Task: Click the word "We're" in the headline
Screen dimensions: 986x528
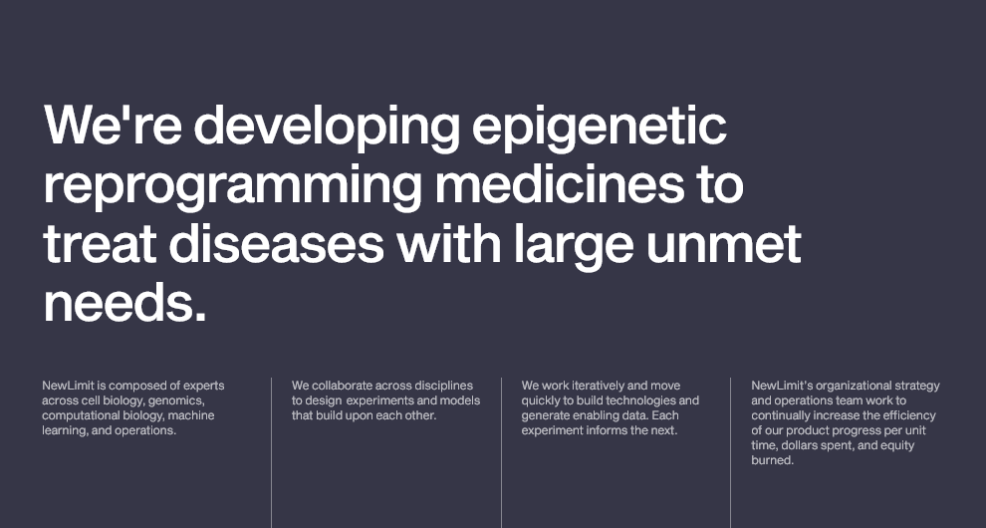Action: [x=113, y=125]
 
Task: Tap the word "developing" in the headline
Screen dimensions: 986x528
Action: [x=327, y=129]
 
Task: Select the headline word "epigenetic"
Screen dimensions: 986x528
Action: [x=600, y=129]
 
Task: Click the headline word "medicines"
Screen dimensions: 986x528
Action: [x=559, y=183]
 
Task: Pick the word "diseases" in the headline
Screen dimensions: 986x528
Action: [x=276, y=243]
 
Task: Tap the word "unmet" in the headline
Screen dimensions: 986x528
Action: [x=723, y=245]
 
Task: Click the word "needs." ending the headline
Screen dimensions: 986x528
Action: [x=124, y=302]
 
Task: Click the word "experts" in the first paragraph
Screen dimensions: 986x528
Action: [x=204, y=386]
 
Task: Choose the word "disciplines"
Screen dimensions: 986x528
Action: [x=443, y=386]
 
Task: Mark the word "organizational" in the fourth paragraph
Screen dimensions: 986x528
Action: [x=852, y=386]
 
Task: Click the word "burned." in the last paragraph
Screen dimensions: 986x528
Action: [x=773, y=460]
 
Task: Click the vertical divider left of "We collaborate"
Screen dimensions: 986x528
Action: [x=272, y=453]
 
